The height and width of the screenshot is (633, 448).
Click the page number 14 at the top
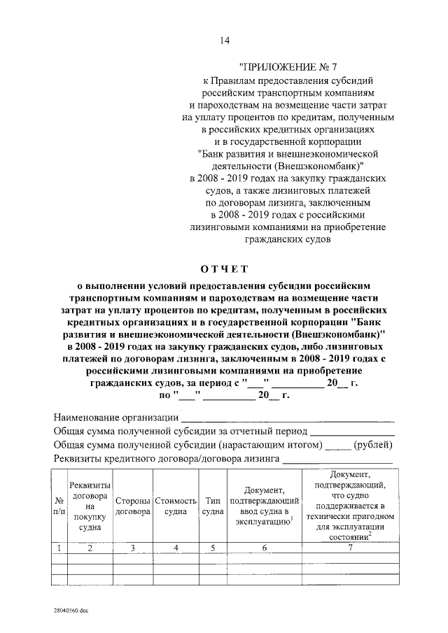(x=224, y=41)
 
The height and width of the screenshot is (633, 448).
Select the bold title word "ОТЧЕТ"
(x=224, y=269)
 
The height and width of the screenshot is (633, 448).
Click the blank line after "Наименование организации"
(x=287, y=420)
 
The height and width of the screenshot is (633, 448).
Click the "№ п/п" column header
(x=60, y=506)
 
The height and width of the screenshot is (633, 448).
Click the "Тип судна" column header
(x=212, y=506)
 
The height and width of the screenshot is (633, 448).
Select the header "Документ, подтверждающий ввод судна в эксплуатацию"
(x=264, y=506)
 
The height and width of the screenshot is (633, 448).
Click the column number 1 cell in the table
(x=60, y=548)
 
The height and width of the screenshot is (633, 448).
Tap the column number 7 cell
(x=349, y=548)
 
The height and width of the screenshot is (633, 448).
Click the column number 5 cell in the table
(x=212, y=548)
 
